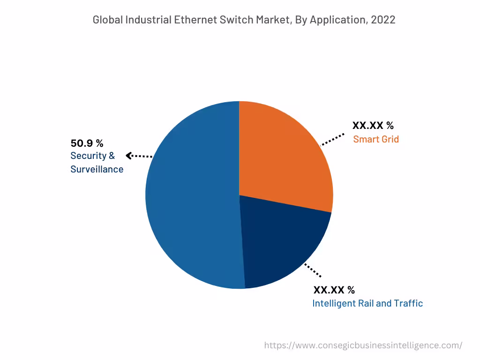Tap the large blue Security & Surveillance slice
tap(192, 197)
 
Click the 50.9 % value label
tap(87, 143)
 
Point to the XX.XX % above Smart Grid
tap(373, 126)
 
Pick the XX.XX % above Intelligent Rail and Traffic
tap(334, 290)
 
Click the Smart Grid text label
tap(376, 139)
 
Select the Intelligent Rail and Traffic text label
tap(367, 303)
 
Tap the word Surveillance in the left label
tap(97, 169)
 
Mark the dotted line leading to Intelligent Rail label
tap(313, 270)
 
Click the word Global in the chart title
tap(107, 20)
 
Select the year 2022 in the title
tap(383, 20)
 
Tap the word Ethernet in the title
tap(194, 20)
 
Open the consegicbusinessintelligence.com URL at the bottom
tap(363, 345)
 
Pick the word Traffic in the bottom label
tap(409, 303)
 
